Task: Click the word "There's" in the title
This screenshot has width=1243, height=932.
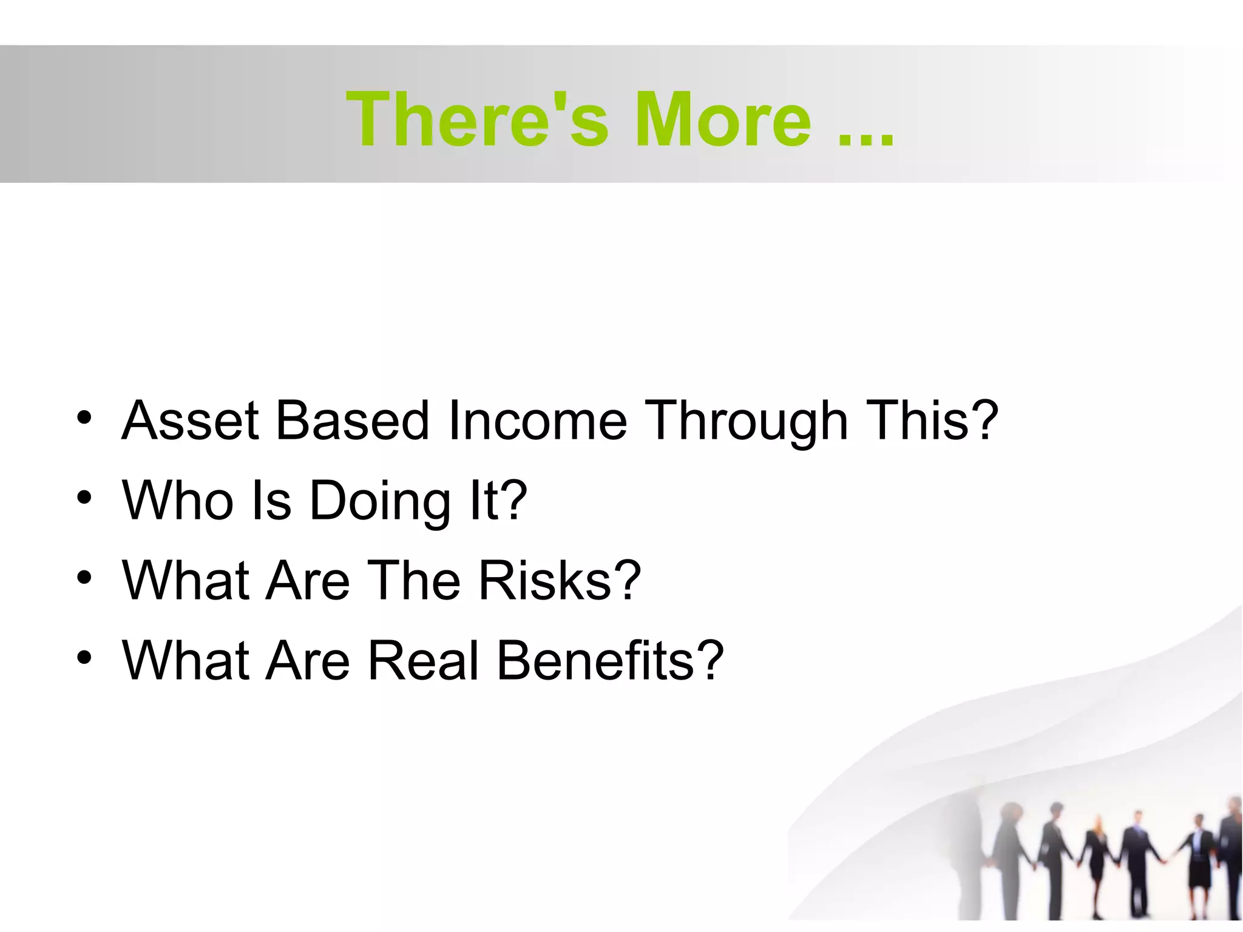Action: click(477, 120)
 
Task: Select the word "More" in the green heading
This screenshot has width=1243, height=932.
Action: click(723, 120)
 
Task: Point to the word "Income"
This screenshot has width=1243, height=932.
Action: click(537, 420)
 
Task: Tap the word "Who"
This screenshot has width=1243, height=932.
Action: click(178, 501)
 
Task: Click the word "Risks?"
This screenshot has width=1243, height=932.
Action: click(559, 581)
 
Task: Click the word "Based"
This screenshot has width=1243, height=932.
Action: click(353, 420)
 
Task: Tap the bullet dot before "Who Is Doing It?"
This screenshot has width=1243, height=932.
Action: click(84, 498)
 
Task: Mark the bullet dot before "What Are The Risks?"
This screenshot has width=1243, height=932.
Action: click(84, 578)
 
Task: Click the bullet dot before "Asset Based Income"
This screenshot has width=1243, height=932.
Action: click(84, 418)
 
